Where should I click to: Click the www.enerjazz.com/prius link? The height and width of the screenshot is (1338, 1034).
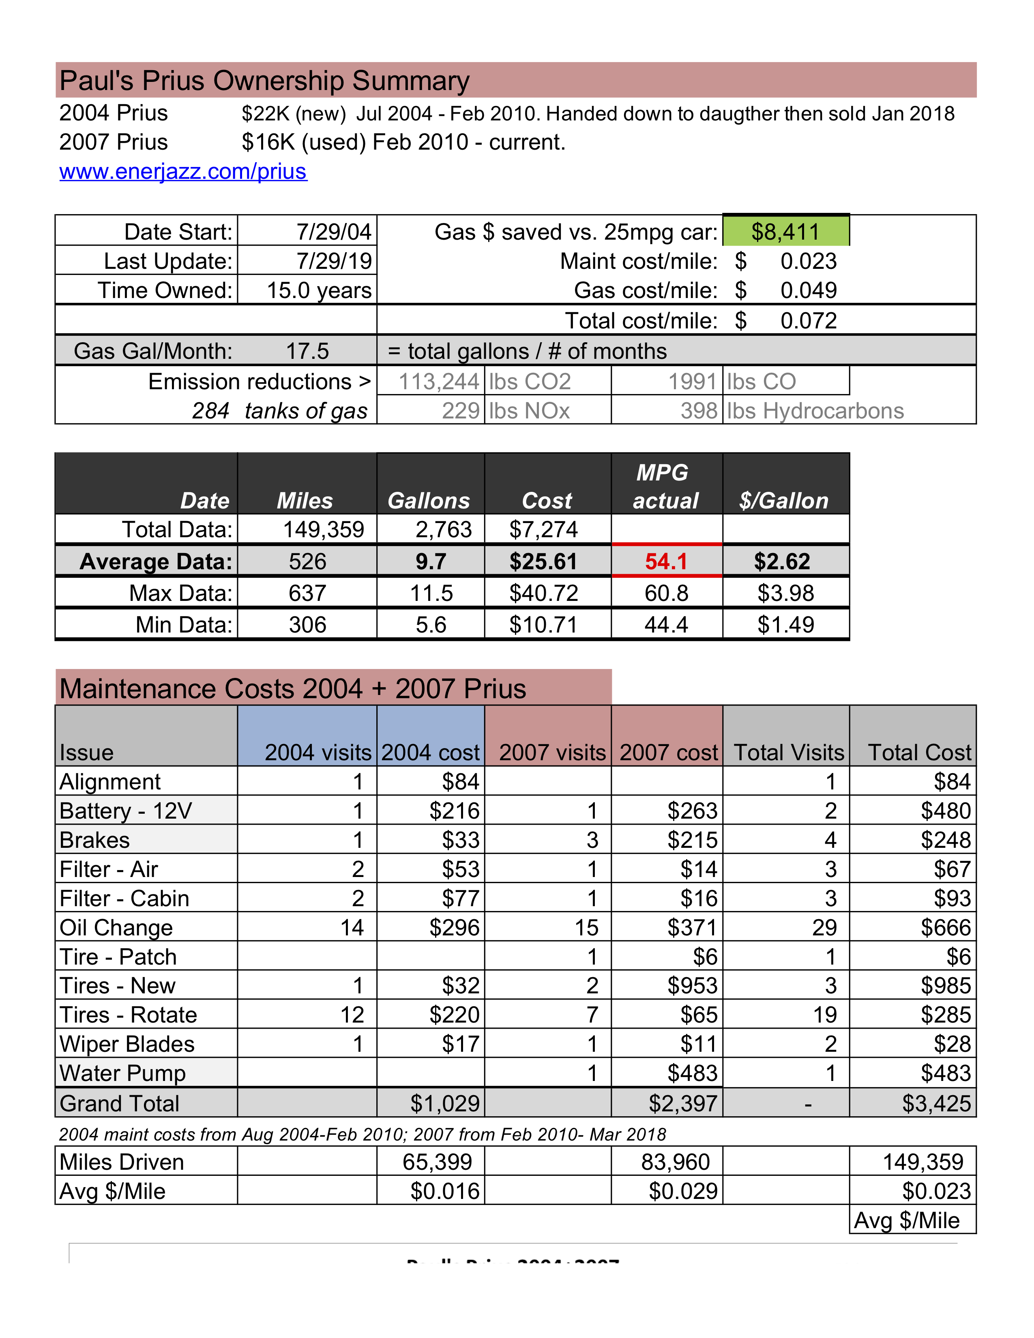(183, 172)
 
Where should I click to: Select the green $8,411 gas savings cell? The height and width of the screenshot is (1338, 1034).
(785, 232)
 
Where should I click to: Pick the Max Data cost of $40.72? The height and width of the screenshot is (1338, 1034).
(543, 593)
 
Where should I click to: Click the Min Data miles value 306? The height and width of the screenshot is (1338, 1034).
(307, 625)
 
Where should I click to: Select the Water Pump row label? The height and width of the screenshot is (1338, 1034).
(122, 1073)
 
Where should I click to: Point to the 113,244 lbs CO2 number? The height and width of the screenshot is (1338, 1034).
(439, 382)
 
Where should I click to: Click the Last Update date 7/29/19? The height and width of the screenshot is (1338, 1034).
(334, 261)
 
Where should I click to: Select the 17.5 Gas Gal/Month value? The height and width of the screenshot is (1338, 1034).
(307, 351)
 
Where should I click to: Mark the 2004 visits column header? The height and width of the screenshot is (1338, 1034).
(317, 752)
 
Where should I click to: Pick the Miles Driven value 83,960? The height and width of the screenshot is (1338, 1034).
(675, 1162)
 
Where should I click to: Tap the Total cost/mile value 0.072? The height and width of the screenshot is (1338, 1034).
(808, 320)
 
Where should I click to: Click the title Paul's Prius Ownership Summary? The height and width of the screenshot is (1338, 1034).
(265, 81)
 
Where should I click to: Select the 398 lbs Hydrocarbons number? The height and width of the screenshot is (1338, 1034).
(699, 410)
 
